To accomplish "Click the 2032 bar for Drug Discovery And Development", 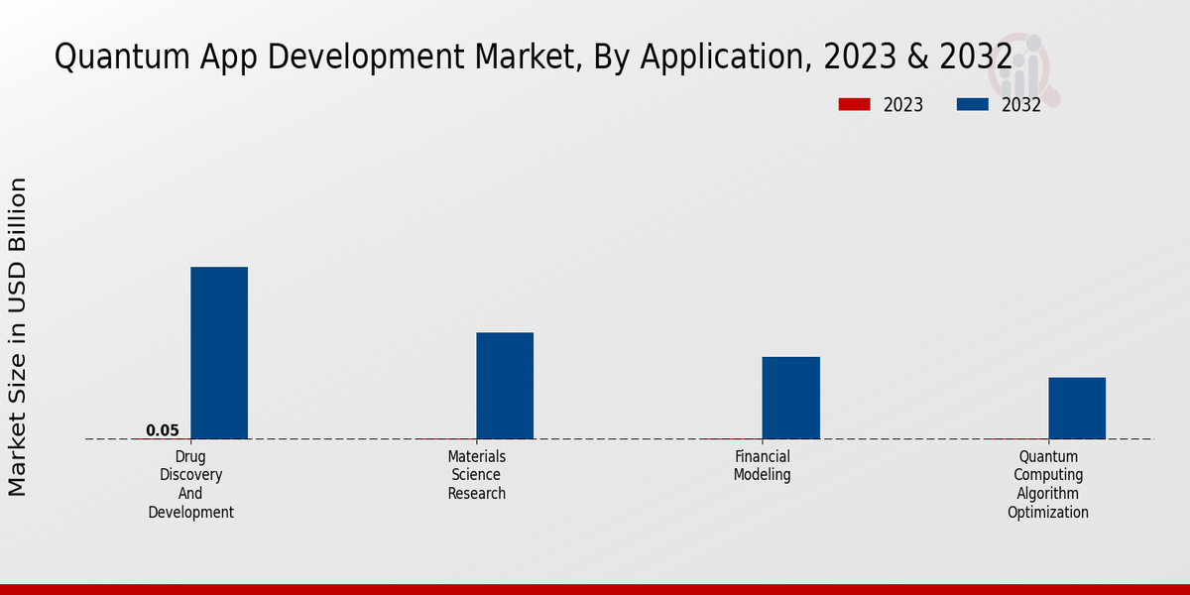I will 219,353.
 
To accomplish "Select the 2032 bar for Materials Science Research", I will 505,386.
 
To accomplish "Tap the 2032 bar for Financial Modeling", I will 790,398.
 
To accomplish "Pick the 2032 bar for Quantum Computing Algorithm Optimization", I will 1077,408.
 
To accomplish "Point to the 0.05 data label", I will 163,430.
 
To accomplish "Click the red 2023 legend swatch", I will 854,104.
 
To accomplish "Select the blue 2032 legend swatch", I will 972,104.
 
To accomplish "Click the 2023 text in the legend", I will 902,105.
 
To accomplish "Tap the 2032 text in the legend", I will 1020,105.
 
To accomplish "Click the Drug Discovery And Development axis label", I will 191,485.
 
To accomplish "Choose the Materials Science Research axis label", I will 477,475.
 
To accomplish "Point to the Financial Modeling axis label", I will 763,466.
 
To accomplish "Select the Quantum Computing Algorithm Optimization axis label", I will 1048,485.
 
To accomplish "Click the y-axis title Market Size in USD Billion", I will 18,337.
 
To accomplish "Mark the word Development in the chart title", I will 351,58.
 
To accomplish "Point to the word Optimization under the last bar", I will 1048,513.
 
